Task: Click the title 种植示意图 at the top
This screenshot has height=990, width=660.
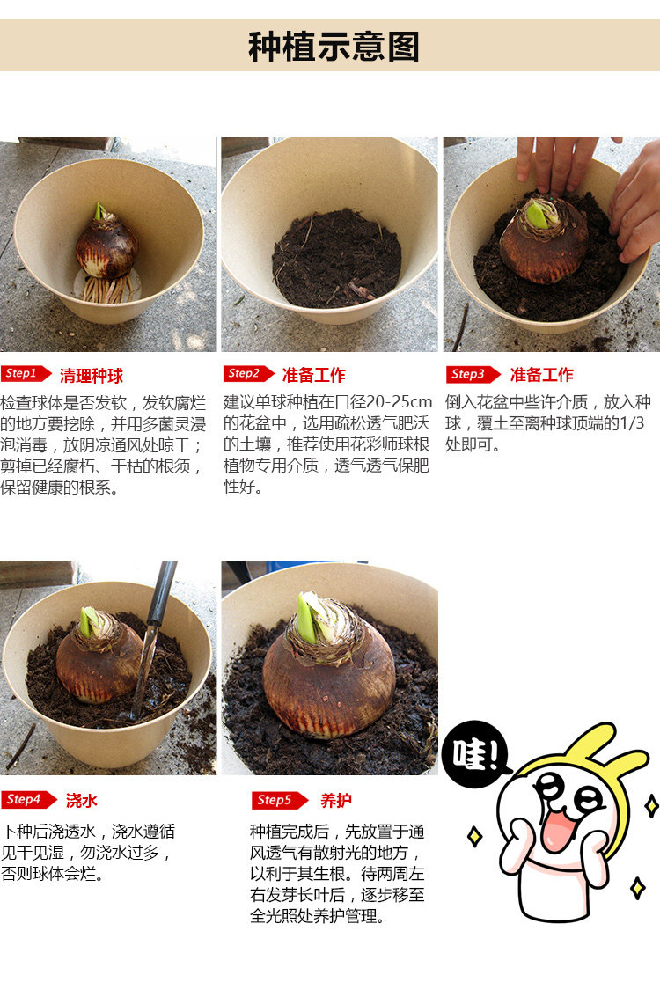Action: [x=334, y=47]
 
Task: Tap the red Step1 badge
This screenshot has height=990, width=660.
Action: [x=26, y=374]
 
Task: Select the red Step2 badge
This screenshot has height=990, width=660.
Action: [x=248, y=374]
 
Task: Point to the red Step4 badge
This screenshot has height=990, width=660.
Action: [x=29, y=800]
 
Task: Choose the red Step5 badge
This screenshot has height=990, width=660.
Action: [x=279, y=801]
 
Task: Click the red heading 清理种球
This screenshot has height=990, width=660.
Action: [x=92, y=376]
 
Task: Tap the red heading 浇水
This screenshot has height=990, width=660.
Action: [x=82, y=801]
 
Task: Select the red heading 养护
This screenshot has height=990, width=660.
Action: [x=336, y=801]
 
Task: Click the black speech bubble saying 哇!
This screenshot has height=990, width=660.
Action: [x=475, y=754]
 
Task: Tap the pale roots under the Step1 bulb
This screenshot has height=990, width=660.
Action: [x=107, y=289]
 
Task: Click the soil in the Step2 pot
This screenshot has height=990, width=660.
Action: [x=337, y=258]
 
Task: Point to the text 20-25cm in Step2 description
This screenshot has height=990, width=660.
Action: [x=400, y=402]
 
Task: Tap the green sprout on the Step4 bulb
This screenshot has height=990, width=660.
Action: [x=86, y=621]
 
